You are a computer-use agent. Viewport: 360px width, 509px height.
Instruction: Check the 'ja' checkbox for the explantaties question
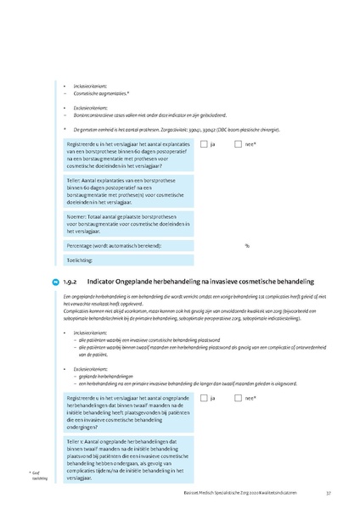204,145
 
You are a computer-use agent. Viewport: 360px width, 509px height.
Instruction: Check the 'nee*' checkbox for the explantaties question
239,145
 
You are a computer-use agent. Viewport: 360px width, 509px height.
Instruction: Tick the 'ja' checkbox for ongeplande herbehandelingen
204,398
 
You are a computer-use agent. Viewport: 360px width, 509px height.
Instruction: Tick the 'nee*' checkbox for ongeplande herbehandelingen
239,398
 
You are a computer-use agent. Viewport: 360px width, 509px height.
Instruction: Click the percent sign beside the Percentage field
247,245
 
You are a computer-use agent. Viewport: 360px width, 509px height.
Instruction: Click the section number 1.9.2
70,280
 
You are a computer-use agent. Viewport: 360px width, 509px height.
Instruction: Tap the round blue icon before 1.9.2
56,280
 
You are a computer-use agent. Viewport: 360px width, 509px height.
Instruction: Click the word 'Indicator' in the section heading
106,280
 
